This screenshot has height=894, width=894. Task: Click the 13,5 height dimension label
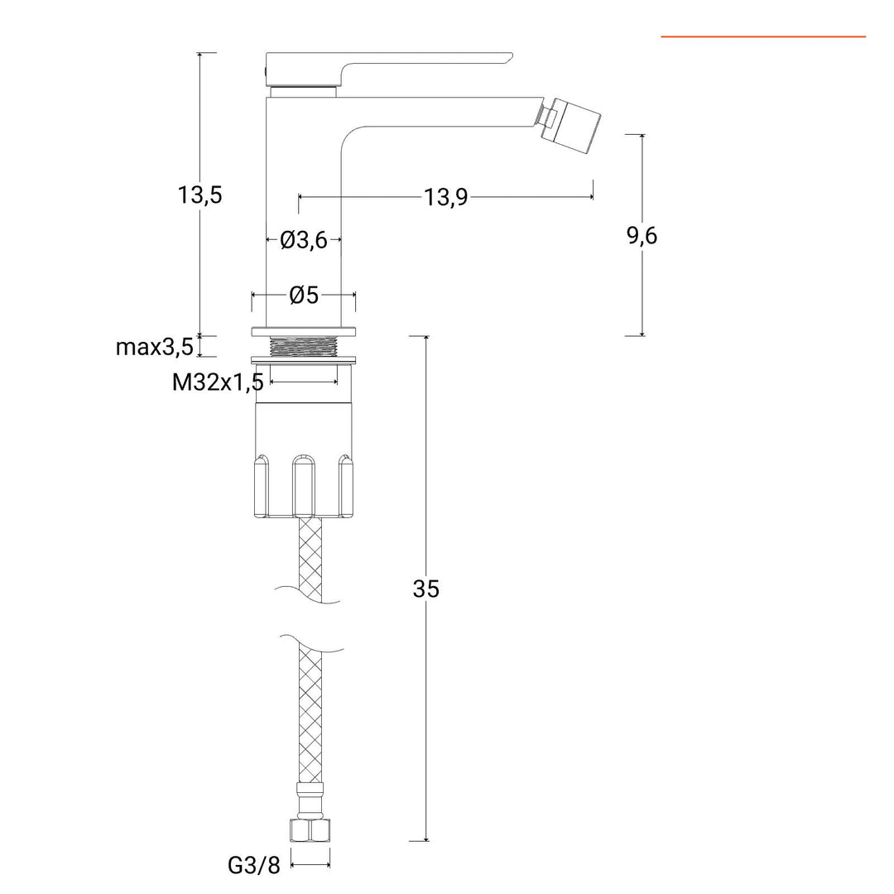pos(199,195)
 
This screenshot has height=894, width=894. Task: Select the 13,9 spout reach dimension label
pos(445,198)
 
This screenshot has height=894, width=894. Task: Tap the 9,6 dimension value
pos(642,235)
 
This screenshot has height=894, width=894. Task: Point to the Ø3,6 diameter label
pos(304,240)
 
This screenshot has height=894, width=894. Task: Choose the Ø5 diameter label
pos(304,296)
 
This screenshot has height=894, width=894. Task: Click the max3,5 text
pos(155,347)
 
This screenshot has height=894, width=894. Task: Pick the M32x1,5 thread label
pos(218,382)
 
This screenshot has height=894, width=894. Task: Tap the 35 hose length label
pos(426,589)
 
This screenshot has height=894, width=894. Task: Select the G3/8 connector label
pos(254,866)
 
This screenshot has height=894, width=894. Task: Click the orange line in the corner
pos(763,36)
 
